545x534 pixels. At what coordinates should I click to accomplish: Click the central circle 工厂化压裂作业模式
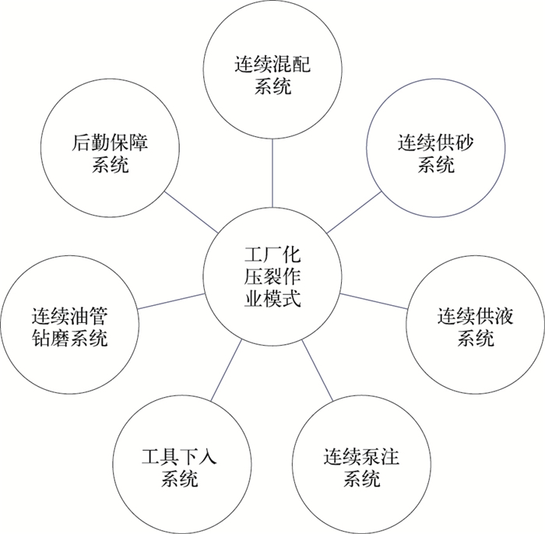coord(272,276)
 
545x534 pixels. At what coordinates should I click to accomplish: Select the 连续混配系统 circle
coord(272,75)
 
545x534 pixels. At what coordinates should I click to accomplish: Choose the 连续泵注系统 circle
coord(361,465)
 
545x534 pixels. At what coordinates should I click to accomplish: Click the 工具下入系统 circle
coord(180,465)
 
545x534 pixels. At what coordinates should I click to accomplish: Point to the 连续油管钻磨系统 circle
coord(70,327)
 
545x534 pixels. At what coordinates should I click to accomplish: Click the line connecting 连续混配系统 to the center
coord(272,174)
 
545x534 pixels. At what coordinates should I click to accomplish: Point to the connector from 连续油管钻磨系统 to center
coord(171,301)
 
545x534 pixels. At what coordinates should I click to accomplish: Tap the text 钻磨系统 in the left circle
coord(70,338)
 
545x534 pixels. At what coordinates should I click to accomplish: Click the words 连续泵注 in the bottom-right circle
coord(361,455)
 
